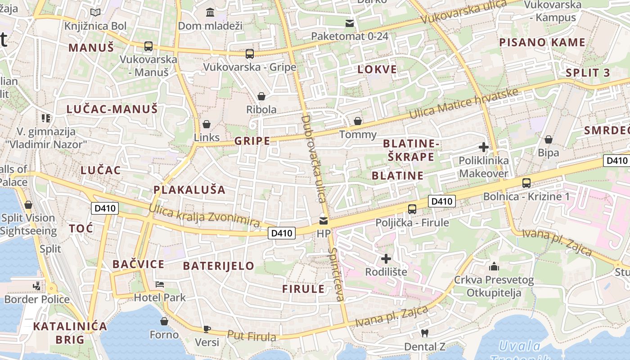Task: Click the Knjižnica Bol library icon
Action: [95, 12]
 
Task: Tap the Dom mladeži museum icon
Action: [210, 12]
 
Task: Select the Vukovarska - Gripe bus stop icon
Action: [250, 54]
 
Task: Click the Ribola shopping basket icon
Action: [261, 96]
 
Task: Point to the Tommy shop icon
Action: [358, 121]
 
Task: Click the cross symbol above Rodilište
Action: [386, 259]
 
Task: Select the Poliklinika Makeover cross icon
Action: [484, 147]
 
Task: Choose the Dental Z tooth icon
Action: [424, 333]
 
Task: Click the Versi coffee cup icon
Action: [207, 329]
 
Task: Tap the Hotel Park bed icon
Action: [160, 284]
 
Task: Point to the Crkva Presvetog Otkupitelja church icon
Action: [494, 266]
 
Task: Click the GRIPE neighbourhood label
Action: [252, 141]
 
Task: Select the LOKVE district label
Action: [377, 69]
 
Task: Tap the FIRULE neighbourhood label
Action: [303, 289]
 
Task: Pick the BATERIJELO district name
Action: [219, 265]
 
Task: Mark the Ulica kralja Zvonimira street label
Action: [204, 216]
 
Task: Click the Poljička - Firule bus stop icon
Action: [412, 209]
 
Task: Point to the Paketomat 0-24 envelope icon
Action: [350, 23]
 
